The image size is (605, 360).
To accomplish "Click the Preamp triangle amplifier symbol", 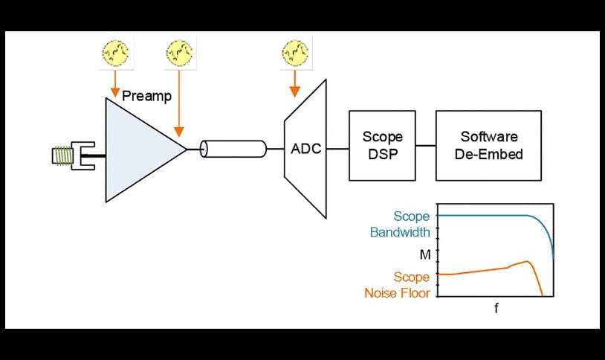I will click(137, 149).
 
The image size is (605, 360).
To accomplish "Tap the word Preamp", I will click(146, 96).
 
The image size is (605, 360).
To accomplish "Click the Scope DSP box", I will click(382, 146).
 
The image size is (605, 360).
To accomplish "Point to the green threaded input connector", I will click(62, 155).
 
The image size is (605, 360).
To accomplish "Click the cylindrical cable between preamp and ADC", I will click(233, 149).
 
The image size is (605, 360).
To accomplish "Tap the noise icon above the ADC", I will click(296, 53).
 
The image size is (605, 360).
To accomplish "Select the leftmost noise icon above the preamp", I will click(114, 53).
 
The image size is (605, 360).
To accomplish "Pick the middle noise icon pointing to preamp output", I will click(178, 53).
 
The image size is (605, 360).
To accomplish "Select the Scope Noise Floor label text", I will click(398, 285).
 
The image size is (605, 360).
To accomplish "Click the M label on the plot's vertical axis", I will click(424, 255).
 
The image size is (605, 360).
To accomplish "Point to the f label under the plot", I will click(496, 306).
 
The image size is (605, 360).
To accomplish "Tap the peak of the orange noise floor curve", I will click(527, 262).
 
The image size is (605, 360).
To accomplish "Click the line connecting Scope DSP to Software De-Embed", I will click(425, 146).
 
